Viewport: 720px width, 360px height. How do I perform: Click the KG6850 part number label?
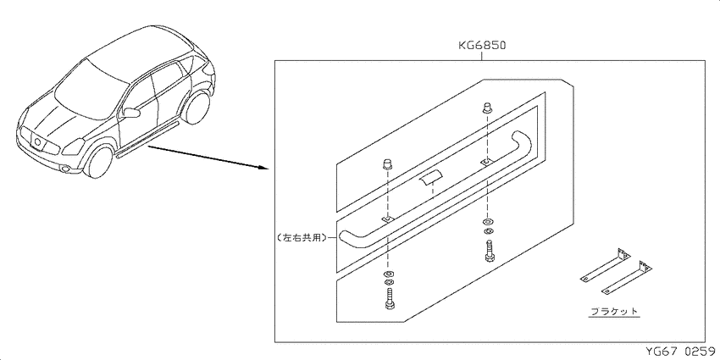(x=482, y=46)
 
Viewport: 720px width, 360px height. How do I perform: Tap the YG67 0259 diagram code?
(x=680, y=352)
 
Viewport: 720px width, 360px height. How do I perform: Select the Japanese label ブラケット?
(x=614, y=311)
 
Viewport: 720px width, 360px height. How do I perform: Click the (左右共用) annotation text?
(x=302, y=238)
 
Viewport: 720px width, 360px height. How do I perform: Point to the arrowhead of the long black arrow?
(x=264, y=167)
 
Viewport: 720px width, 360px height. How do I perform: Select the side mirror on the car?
(x=130, y=113)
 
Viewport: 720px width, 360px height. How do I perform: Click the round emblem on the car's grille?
(x=37, y=142)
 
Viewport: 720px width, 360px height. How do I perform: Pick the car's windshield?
(x=91, y=88)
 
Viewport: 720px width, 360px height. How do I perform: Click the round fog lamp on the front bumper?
(x=66, y=169)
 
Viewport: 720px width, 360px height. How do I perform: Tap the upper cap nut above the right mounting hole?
(x=487, y=108)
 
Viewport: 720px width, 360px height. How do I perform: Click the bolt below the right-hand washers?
(x=489, y=251)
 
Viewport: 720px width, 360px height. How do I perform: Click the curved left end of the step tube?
(x=352, y=240)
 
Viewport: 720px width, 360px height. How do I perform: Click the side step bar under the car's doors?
(x=147, y=140)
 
